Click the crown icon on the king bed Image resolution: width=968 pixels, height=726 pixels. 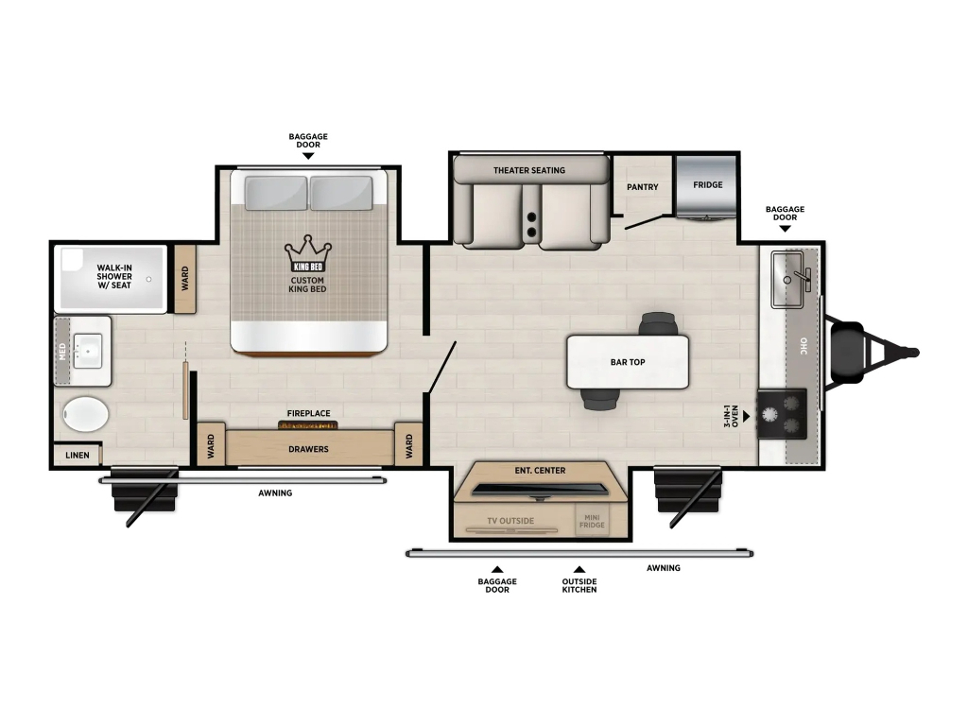pos(308,253)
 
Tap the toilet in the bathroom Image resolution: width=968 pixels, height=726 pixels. pos(86,414)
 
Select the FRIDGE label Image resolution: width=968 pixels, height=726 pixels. pos(707,184)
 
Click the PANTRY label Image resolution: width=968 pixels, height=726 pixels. pos(643,187)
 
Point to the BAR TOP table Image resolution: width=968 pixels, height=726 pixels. pos(628,362)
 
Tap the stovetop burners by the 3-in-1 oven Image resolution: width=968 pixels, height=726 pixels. pos(782,414)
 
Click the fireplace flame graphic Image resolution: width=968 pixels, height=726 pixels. pos(308,424)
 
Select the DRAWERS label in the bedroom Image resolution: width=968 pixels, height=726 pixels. pos(309,449)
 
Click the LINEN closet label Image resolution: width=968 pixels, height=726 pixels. pos(78,455)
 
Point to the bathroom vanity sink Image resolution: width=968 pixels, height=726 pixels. pos(88,351)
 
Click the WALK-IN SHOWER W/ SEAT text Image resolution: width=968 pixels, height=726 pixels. pos(114,277)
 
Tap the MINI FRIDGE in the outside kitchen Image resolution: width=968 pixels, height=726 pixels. pos(592,521)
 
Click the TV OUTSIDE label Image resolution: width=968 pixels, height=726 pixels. pos(510,521)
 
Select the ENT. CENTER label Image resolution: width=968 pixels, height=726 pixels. pos(540,471)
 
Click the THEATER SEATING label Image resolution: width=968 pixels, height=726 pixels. pos(529,170)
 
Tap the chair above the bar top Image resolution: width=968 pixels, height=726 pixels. pos(659,323)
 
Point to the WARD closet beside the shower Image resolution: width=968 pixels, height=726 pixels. pos(185,279)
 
